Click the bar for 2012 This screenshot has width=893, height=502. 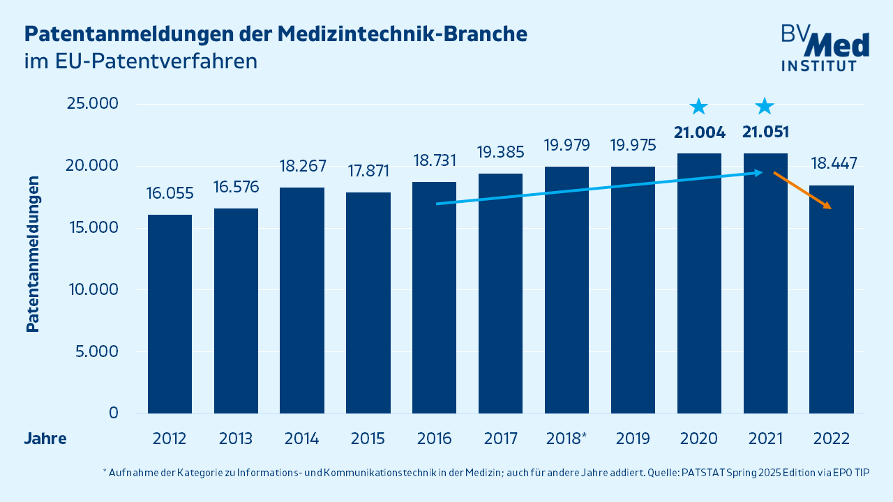pyautogui.click(x=170, y=314)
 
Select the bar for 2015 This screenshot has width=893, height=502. pyautogui.click(x=368, y=303)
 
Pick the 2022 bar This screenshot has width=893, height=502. pyautogui.click(x=832, y=299)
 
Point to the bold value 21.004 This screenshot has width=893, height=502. pyautogui.click(x=699, y=132)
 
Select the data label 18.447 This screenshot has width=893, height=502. pyautogui.click(x=834, y=164)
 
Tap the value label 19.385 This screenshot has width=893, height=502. pyautogui.click(x=500, y=151)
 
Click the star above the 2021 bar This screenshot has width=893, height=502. pyautogui.click(x=765, y=107)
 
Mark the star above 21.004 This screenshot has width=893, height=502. pyautogui.click(x=699, y=107)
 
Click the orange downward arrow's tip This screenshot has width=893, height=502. pyautogui.click(x=830, y=208)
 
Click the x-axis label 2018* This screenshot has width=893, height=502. pyautogui.click(x=566, y=439)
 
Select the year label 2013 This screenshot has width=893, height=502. pyautogui.click(x=236, y=439)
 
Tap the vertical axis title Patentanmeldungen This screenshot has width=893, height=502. pyautogui.click(x=32, y=254)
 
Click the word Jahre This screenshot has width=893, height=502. pyautogui.click(x=45, y=439)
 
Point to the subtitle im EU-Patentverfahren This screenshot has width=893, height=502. pyautogui.click(x=141, y=61)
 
